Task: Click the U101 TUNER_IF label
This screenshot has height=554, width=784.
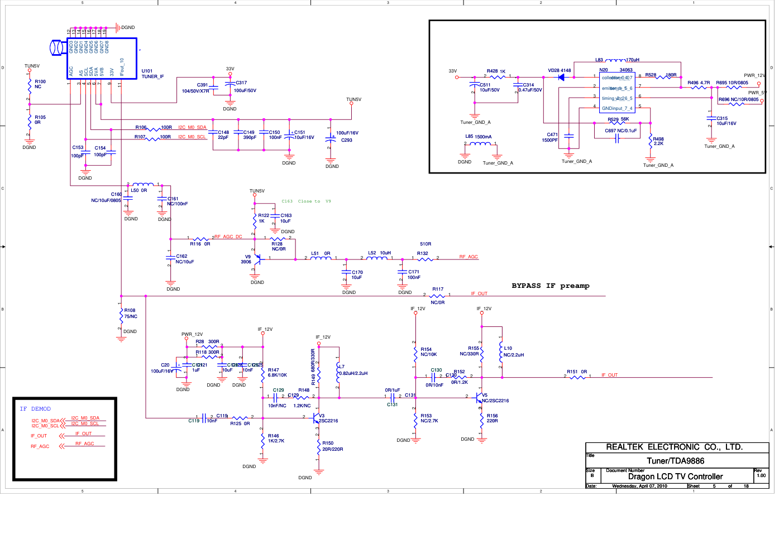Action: click(x=152, y=74)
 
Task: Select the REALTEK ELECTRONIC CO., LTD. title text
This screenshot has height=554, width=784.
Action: click(x=674, y=447)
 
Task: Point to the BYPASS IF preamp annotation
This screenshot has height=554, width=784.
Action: click(x=550, y=286)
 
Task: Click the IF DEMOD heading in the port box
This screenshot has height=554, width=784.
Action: click(x=35, y=409)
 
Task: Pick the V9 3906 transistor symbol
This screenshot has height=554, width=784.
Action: click(x=256, y=259)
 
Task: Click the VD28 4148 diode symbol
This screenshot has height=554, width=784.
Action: click(x=561, y=77)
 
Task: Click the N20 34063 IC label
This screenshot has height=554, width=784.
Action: click(x=616, y=70)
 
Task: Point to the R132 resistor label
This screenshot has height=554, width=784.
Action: click(x=422, y=253)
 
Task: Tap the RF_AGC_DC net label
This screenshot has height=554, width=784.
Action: click(x=228, y=237)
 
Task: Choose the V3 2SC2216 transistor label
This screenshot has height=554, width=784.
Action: click(x=328, y=418)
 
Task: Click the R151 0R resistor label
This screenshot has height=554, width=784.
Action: click(x=577, y=372)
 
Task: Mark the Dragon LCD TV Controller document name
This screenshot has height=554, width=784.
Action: click(x=675, y=476)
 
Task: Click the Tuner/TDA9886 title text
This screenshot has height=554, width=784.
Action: click(x=675, y=461)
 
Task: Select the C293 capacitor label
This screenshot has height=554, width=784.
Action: click(x=347, y=140)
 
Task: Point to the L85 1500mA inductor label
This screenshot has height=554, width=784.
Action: click(x=478, y=136)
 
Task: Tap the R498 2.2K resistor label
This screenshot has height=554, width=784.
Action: click(x=658, y=141)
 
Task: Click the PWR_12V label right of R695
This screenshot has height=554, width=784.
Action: click(x=754, y=75)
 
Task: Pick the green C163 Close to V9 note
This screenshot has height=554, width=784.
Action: click(x=306, y=201)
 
